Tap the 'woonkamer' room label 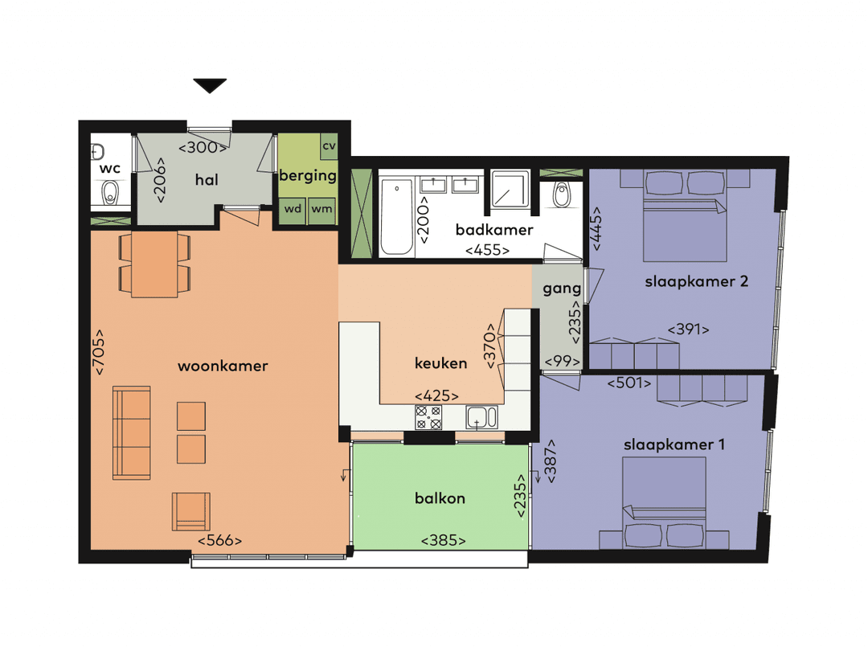[223, 366]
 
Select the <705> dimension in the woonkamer [100, 352]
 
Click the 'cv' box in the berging [329, 146]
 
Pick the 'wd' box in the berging [293, 209]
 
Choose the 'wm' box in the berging [321, 209]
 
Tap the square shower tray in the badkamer [510, 189]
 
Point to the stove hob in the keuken [428, 417]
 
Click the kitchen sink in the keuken [481, 418]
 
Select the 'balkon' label [440, 498]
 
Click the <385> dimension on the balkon [443, 541]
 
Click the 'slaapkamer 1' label [674, 444]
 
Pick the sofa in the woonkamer [132, 432]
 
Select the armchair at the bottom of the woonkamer [191, 511]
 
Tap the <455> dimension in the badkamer [487, 250]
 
